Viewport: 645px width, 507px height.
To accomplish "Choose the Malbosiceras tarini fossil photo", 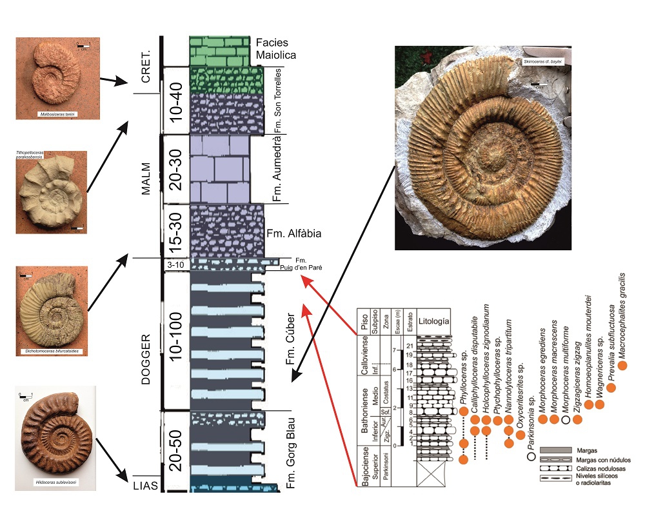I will pyautogui.click(x=59, y=76).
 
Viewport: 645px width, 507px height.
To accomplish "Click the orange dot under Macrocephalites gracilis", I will pyautogui.click(x=622, y=366).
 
